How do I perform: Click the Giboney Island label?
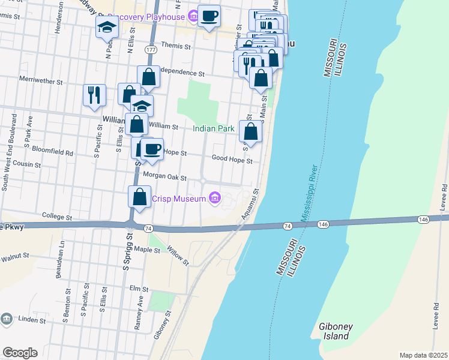pyautogui.click(x=332, y=331)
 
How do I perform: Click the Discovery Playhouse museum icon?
pyautogui.click(x=193, y=17)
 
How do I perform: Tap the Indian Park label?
pyautogui.click(x=212, y=128)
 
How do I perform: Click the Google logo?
pyautogui.click(x=20, y=353)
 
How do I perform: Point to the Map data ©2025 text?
pyautogui.click(x=423, y=355)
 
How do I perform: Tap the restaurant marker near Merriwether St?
pyautogui.click(x=94, y=95)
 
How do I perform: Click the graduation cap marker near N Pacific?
pyautogui.click(x=106, y=28)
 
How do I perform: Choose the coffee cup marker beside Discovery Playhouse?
pyautogui.click(x=209, y=16)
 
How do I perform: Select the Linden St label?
pyautogui.click(x=31, y=319)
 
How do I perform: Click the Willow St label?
pyautogui.click(x=178, y=256)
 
